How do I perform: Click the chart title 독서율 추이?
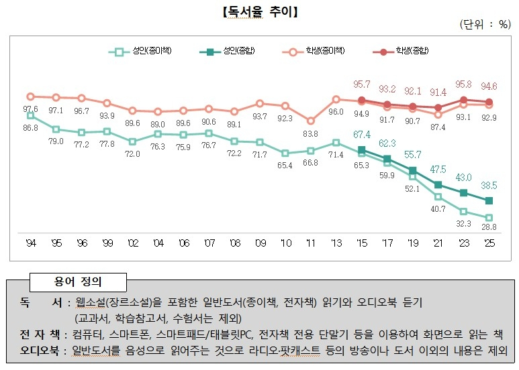259,12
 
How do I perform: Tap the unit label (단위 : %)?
485,24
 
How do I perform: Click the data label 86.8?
30,127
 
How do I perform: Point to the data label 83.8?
310,133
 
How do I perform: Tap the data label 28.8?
489,229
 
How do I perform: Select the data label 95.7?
362,84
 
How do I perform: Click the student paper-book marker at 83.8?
310,121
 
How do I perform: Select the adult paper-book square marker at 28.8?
489,217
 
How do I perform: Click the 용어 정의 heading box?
78,280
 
